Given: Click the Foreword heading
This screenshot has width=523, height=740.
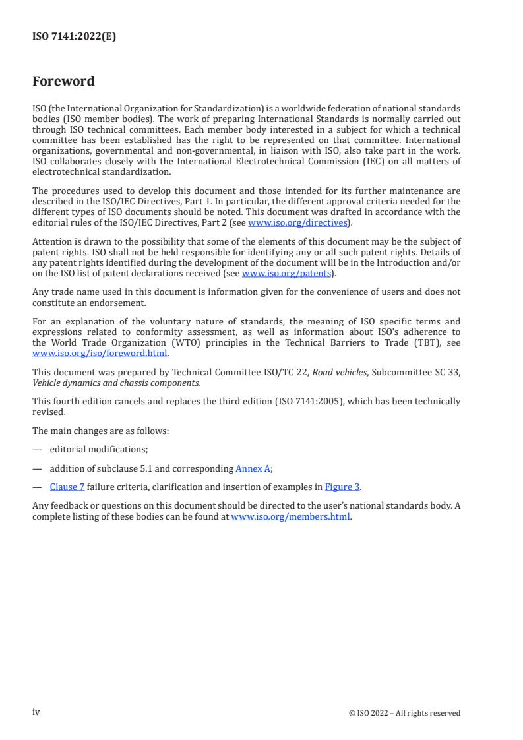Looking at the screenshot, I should click(x=63, y=82).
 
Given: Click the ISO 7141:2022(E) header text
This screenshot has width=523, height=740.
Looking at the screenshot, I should click(x=74, y=37).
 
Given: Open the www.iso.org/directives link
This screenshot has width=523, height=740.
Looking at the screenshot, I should click(x=297, y=223).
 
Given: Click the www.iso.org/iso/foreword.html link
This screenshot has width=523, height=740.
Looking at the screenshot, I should click(x=100, y=353).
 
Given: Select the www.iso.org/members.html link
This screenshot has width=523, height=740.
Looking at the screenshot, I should click(x=290, y=517).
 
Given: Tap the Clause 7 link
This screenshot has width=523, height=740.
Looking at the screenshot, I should click(x=67, y=487).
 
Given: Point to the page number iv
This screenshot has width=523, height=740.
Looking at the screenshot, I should click(x=36, y=712).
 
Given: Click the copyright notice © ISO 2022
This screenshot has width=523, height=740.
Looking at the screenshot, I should click(x=404, y=713).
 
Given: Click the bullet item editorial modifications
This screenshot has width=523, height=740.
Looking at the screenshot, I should click(x=98, y=449).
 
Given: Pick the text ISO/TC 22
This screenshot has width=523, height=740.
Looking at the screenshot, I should click(x=287, y=373).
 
